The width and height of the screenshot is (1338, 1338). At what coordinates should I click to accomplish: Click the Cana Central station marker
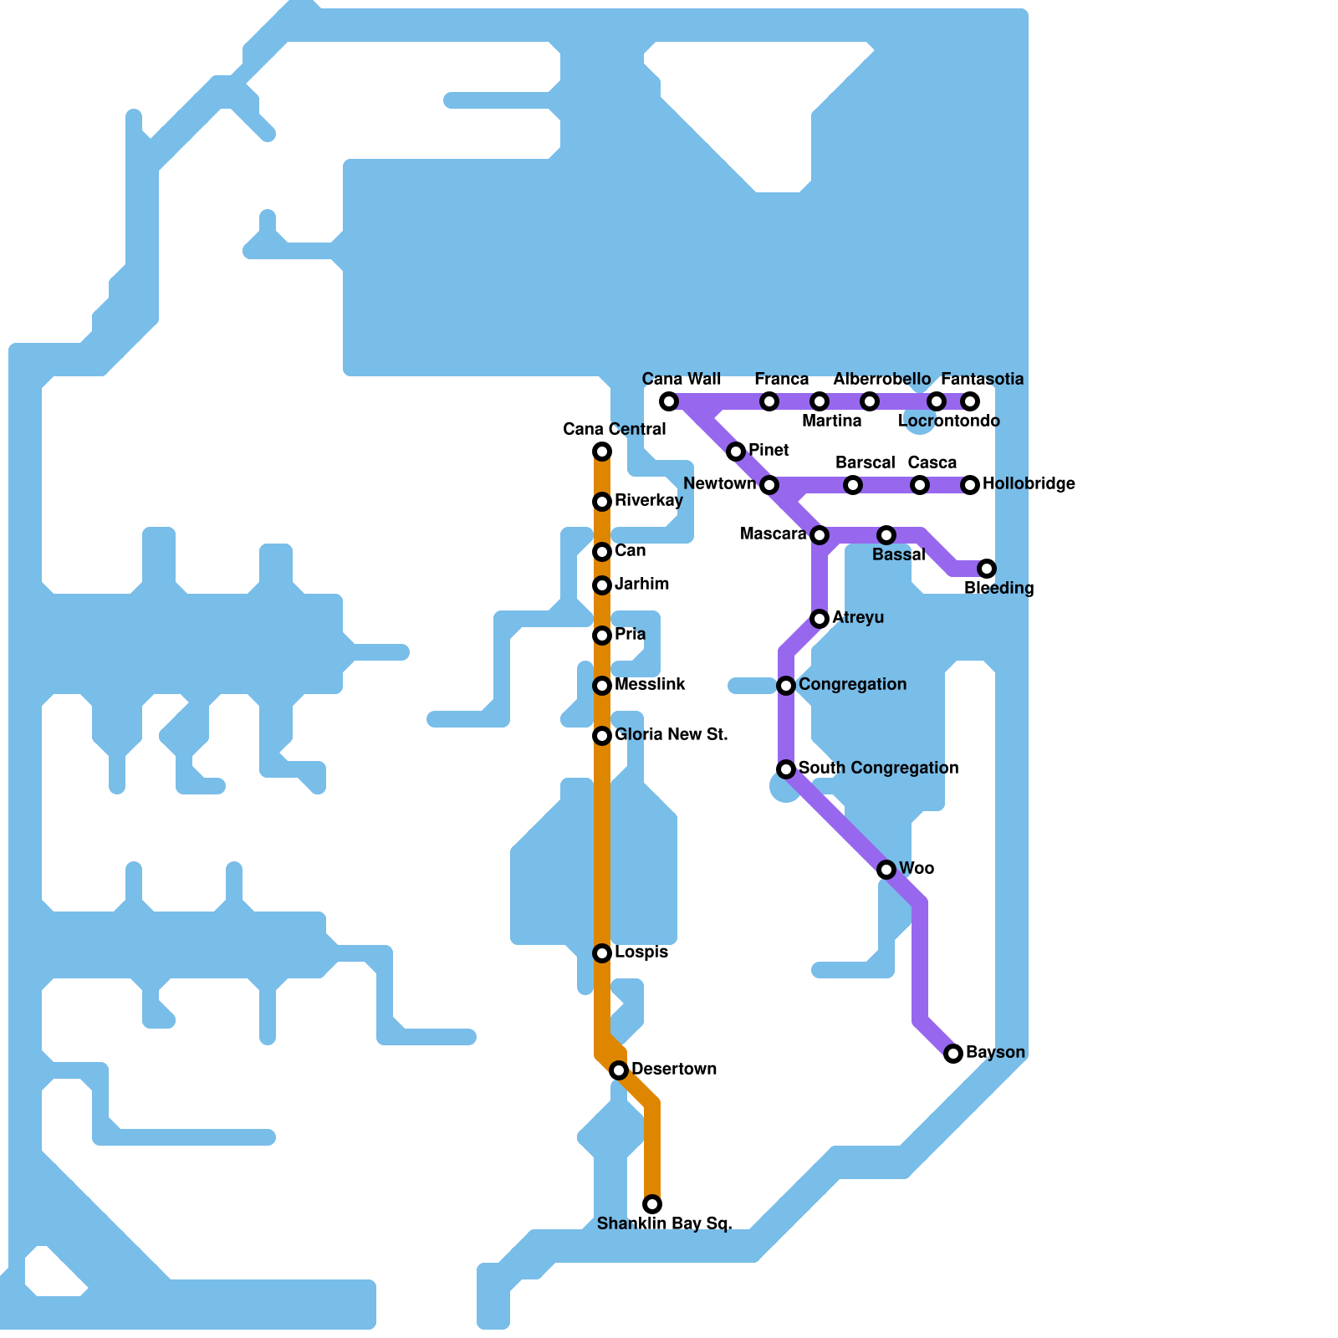(x=602, y=452)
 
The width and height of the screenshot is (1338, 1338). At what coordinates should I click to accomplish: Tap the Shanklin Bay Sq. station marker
(x=652, y=1204)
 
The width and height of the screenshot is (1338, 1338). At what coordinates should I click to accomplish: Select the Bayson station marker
(x=953, y=1054)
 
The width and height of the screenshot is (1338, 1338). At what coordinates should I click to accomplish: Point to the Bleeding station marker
(x=987, y=569)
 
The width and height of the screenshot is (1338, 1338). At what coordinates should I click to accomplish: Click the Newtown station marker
(x=769, y=485)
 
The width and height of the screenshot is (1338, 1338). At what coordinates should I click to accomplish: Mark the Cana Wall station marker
(x=669, y=401)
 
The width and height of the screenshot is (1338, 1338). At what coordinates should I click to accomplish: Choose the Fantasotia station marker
(x=970, y=401)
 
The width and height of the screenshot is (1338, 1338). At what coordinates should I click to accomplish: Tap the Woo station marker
(x=886, y=870)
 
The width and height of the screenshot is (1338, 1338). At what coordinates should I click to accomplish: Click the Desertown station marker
(x=619, y=1070)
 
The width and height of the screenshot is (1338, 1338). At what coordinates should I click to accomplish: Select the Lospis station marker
(x=602, y=953)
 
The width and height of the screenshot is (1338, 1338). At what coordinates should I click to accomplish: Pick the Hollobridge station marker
(x=970, y=485)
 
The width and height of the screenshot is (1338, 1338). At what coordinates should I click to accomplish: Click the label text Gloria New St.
(x=671, y=735)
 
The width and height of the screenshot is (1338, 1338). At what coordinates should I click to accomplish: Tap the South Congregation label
(x=878, y=769)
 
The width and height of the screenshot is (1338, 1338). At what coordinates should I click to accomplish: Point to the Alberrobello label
(x=881, y=380)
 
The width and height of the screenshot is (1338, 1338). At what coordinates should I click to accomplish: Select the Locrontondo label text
(x=948, y=421)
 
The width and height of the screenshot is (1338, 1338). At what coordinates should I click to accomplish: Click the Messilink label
(x=650, y=685)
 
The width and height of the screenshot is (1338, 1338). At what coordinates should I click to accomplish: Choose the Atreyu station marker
(x=820, y=619)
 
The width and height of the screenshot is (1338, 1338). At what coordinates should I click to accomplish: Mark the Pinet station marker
(x=736, y=452)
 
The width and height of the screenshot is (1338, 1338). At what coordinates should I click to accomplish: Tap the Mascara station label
(x=774, y=534)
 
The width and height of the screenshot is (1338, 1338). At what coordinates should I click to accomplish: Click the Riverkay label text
(x=648, y=501)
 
